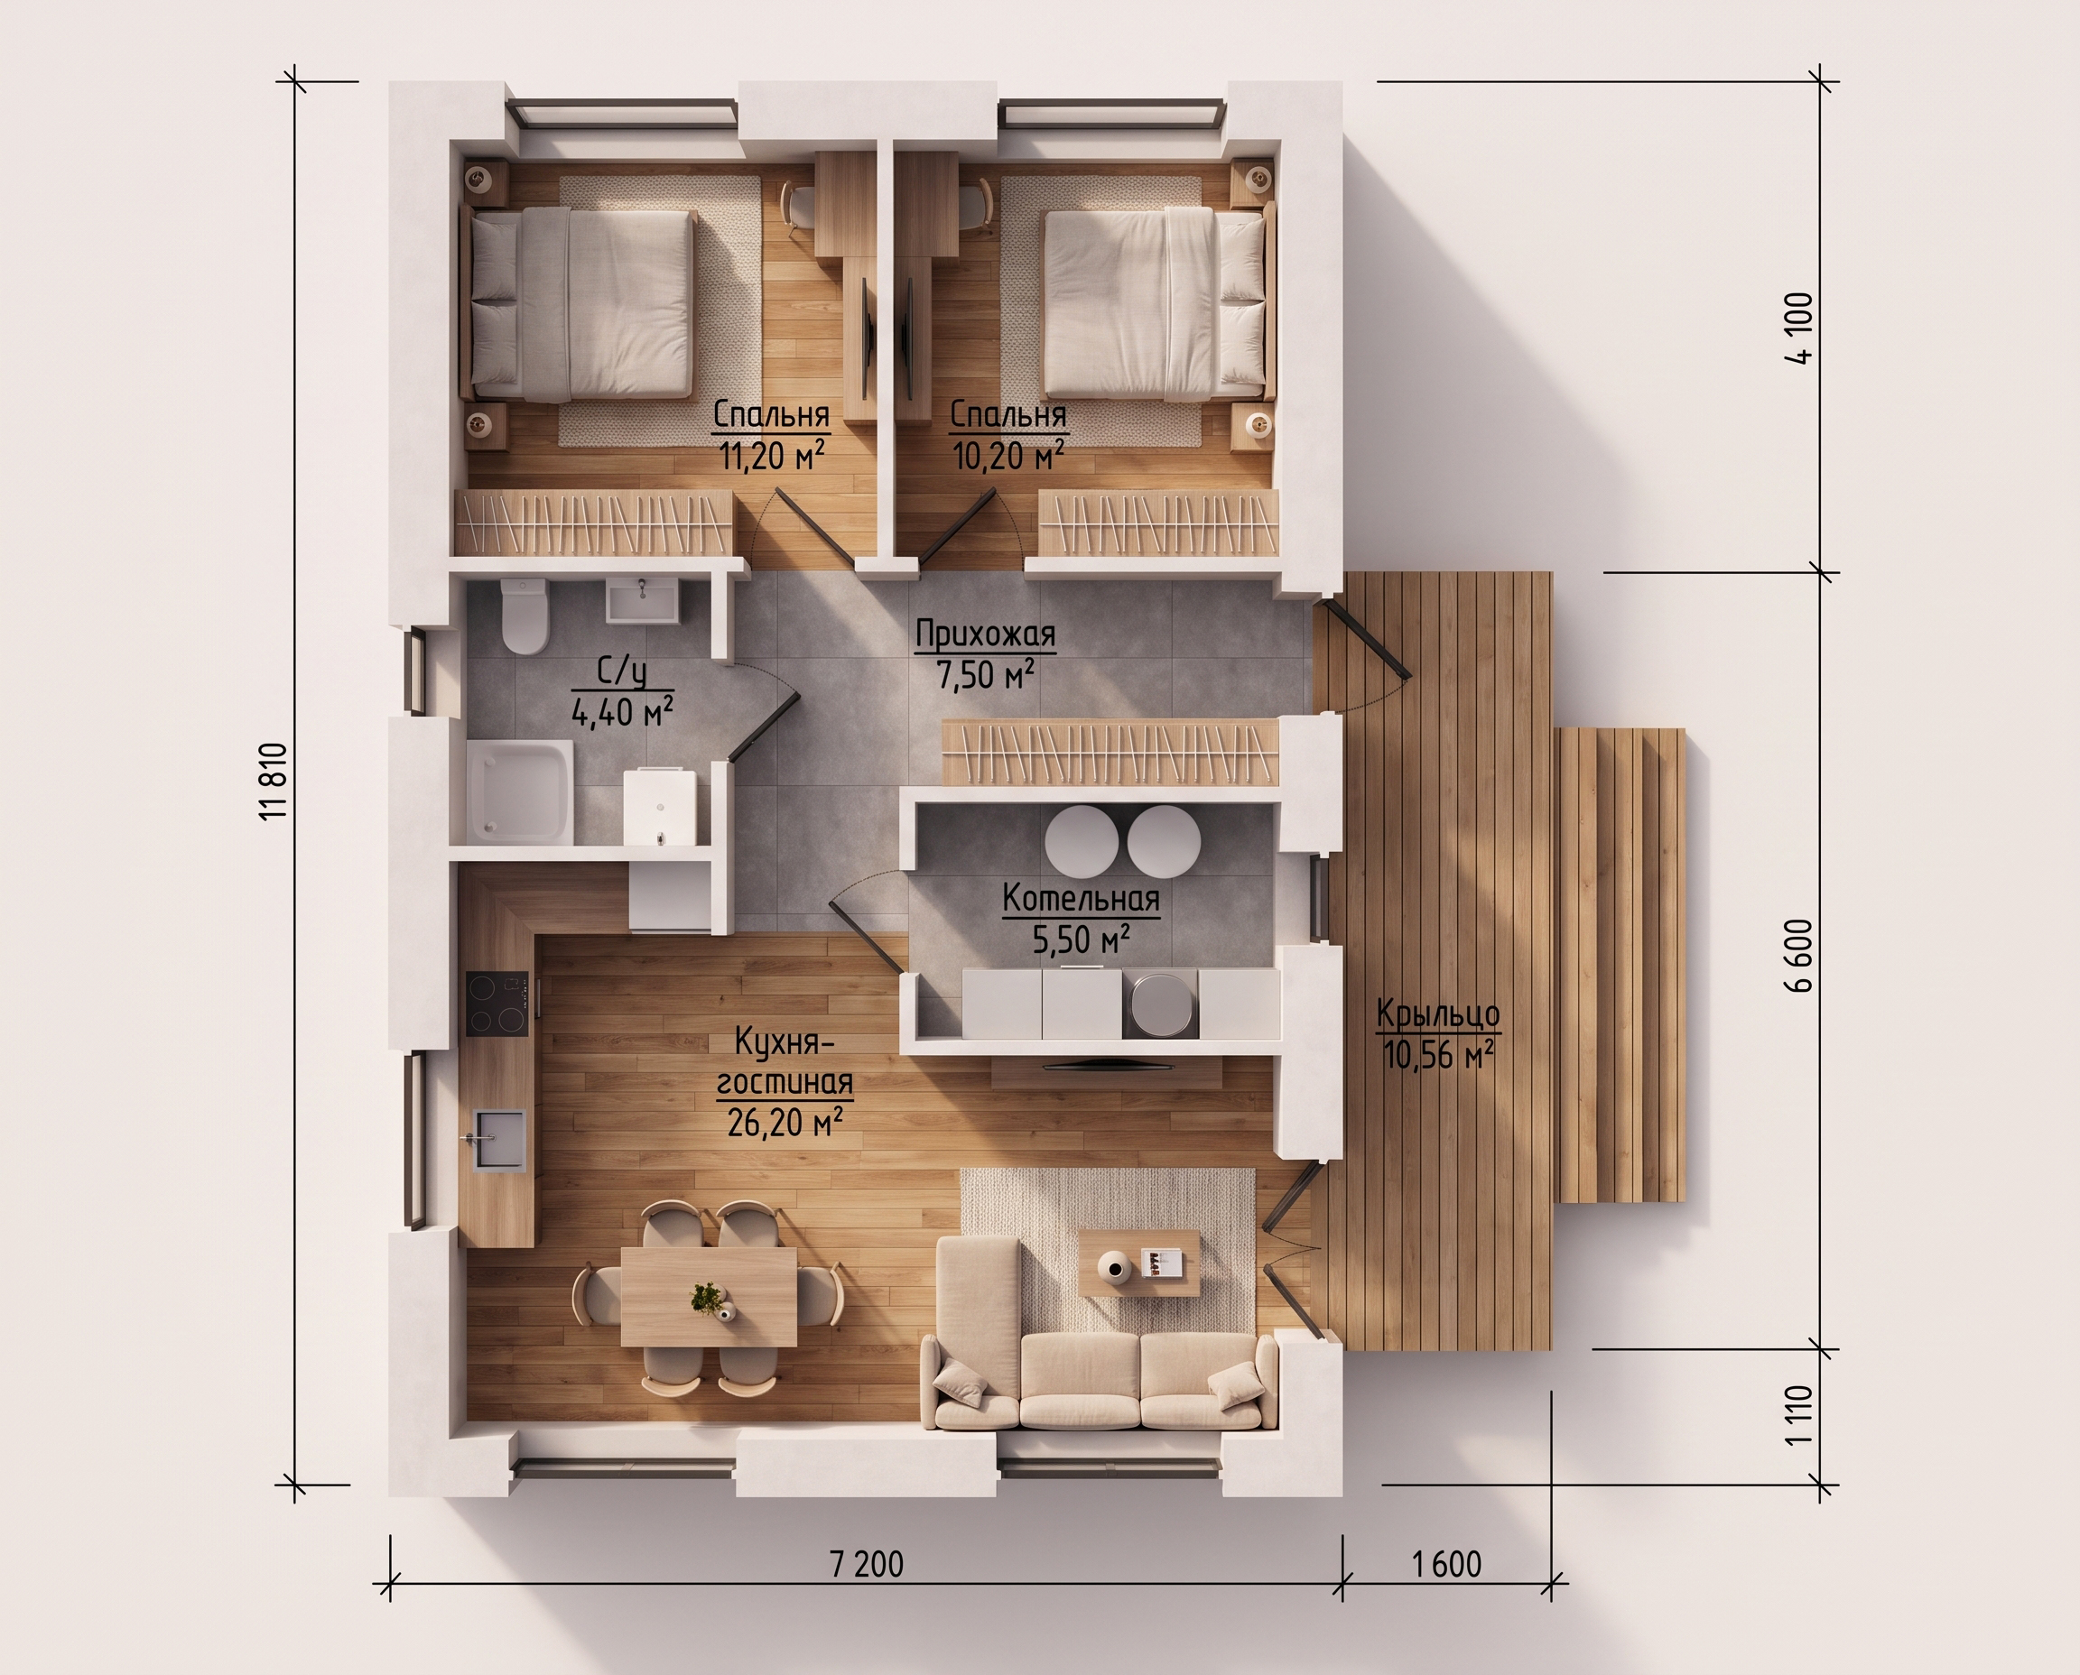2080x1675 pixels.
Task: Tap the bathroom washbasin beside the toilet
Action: pyautogui.click(x=642, y=599)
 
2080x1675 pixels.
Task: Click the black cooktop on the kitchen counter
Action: pyautogui.click(x=498, y=1004)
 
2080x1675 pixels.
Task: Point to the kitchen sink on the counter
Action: pyautogui.click(x=499, y=1140)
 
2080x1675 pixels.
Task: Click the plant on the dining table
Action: pyautogui.click(x=710, y=1299)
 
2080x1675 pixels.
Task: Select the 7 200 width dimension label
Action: pyautogui.click(x=866, y=1564)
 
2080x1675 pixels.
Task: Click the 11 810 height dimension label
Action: pyautogui.click(x=274, y=782)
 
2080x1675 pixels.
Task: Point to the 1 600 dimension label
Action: pyautogui.click(x=1447, y=1564)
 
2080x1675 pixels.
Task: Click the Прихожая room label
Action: pyautogui.click(x=986, y=634)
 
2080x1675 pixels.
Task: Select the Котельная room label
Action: pyautogui.click(x=1081, y=898)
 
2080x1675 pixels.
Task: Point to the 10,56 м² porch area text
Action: pyautogui.click(x=1438, y=1055)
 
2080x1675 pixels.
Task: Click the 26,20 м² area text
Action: pyautogui.click(x=785, y=1122)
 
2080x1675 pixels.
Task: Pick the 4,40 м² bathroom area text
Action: pyautogui.click(x=623, y=712)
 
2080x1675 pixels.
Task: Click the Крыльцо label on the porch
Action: pyautogui.click(x=1438, y=1015)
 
